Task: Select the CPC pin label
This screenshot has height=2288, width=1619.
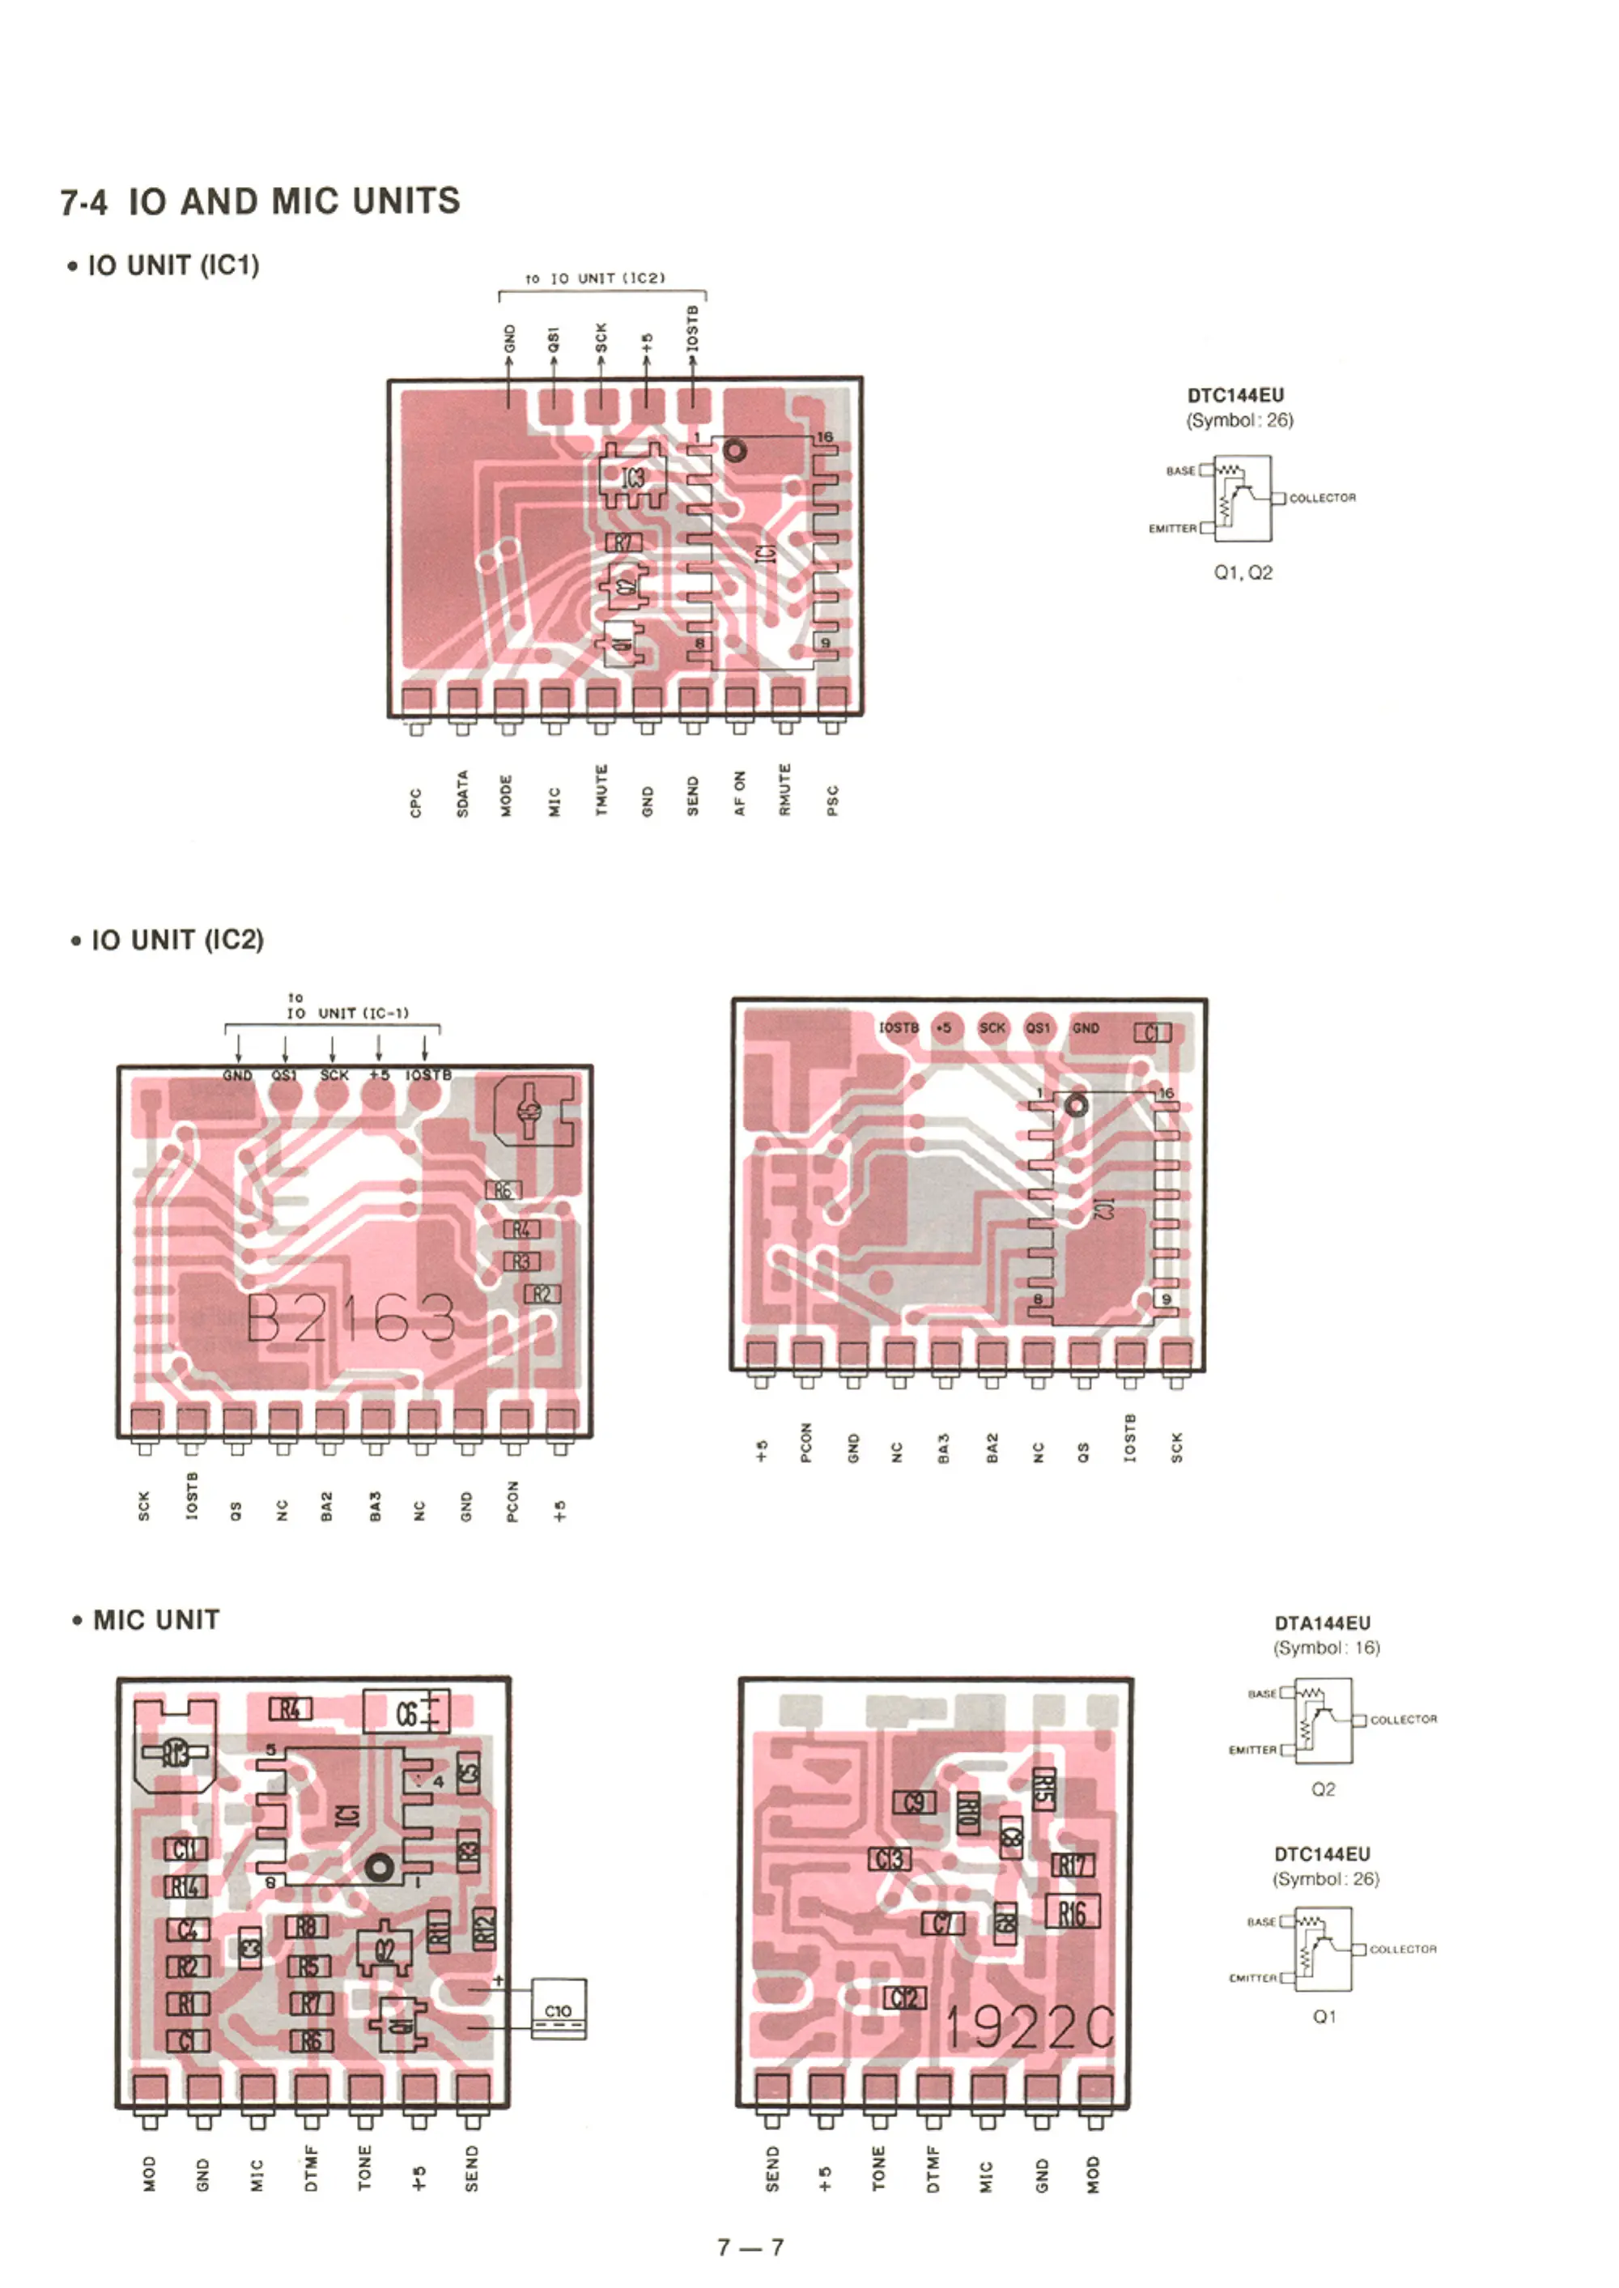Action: (416, 802)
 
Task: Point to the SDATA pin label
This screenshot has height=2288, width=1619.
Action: (462, 793)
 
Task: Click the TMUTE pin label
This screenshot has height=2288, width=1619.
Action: (601, 789)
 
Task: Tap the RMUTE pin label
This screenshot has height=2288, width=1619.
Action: (785, 789)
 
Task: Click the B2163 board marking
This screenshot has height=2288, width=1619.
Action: (351, 1318)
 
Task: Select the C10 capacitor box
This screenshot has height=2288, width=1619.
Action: (559, 2009)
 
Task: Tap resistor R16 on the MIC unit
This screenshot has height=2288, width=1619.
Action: (1072, 1912)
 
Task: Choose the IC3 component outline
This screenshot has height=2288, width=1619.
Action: (633, 478)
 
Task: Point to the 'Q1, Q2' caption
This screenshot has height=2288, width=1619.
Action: (1243, 572)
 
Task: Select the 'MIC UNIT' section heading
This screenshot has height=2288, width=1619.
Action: (155, 1620)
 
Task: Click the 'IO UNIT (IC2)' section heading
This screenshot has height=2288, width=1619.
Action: (176, 940)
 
